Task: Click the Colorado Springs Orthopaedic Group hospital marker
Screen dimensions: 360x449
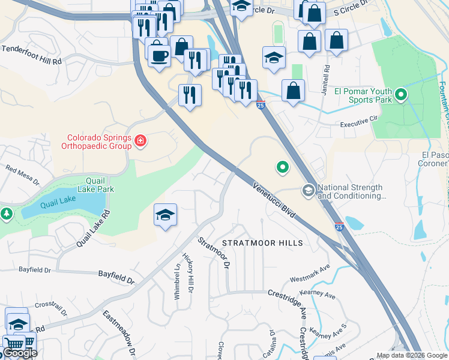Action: pos(140,141)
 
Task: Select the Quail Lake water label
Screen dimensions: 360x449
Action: pos(58,205)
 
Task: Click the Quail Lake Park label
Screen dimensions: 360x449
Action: pos(91,184)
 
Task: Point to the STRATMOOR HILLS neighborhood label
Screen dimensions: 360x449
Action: pos(262,243)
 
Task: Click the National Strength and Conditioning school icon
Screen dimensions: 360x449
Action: pos(309,191)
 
